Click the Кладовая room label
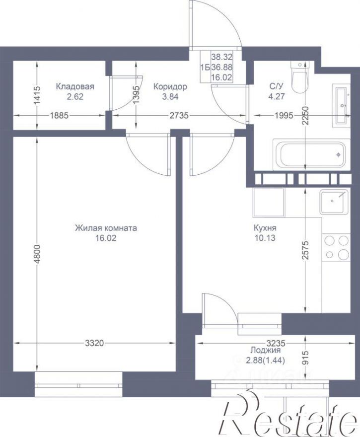(x=75, y=86)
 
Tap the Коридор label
(x=170, y=87)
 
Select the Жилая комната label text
(x=106, y=228)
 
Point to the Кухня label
(x=265, y=228)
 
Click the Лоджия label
(x=265, y=350)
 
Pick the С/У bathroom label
(x=276, y=86)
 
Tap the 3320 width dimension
(x=94, y=343)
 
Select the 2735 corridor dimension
(x=179, y=115)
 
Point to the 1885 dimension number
(x=59, y=115)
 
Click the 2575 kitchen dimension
(x=306, y=250)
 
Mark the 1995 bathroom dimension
(x=284, y=115)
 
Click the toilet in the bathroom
(x=299, y=76)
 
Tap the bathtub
(x=311, y=154)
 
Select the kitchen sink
(x=334, y=202)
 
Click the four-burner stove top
(x=336, y=247)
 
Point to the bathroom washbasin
(x=341, y=105)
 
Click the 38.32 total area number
(x=221, y=57)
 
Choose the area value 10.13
(x=265, y=238)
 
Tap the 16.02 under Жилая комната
(x=106, y=238)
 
